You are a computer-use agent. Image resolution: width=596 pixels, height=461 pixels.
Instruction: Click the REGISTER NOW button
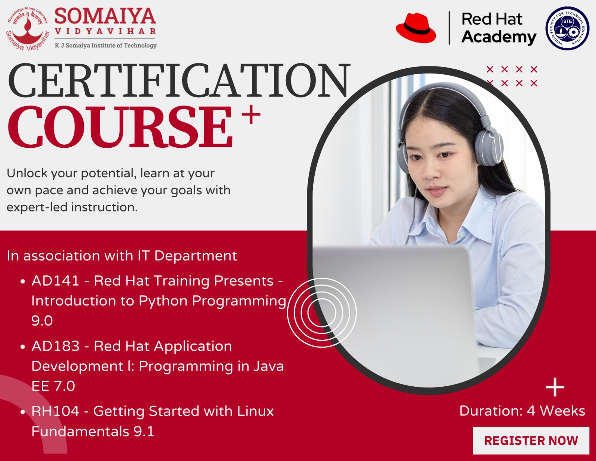click(531, 441)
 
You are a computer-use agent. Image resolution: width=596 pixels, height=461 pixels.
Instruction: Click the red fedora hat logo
click(416, 28)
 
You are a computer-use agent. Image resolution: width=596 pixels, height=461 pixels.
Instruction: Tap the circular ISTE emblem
click(567, 28)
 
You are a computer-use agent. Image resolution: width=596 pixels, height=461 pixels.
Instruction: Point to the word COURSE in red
click(120, 127)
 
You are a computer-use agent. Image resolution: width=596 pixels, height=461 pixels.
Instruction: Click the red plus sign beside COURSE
click(251, 115)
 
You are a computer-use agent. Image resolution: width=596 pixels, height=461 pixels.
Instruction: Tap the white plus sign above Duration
click(555, 387)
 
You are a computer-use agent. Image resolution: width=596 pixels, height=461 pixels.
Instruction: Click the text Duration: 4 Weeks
click(522, 411)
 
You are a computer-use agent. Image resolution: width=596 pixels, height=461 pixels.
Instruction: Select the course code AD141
click(56, 281)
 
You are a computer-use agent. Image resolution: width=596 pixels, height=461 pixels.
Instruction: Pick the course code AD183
click(56, 346)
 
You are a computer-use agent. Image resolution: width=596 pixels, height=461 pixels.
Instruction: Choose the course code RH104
click(56, 411)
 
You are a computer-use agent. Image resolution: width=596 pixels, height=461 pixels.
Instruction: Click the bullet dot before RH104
click(23, 412)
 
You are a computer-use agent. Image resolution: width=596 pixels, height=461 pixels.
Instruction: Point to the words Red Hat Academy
click(499, 28)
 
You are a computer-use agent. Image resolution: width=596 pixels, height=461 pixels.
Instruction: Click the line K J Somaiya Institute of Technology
click(105, 45)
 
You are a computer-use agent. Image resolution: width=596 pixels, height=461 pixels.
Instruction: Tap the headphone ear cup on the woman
click(489, 147)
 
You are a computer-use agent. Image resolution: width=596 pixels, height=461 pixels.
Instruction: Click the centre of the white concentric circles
click(322, 313)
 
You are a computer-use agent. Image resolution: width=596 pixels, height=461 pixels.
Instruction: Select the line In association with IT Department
click(122, 256)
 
